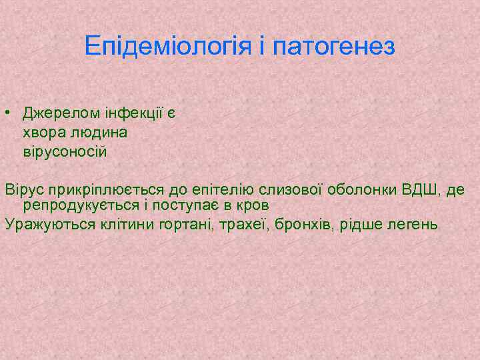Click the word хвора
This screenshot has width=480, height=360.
tap(45, 133)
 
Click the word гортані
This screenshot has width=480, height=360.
tap(184, 224)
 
